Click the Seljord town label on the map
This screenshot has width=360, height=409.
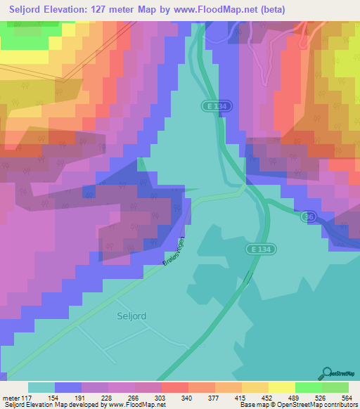coord(131,316)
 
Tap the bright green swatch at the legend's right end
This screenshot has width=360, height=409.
coord(335,387)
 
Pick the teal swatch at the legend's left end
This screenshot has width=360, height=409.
coord(41,387)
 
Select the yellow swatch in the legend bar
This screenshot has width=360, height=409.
coord(282,387)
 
